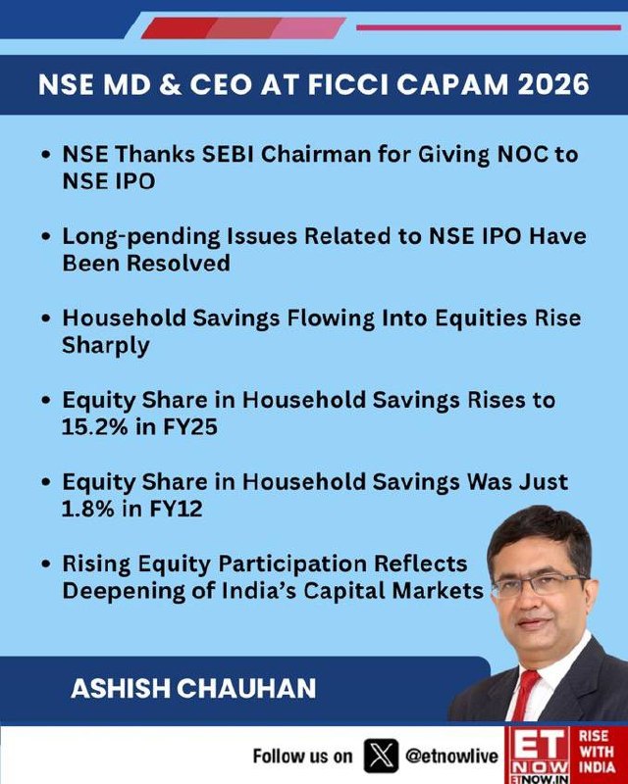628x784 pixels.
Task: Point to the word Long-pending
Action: tap(141, 237)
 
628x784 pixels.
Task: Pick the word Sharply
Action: tap(106, 346)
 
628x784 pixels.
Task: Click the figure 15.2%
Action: tap(94, 427)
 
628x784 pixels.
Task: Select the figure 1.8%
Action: tap(87, 509)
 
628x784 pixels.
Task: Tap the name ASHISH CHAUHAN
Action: tap(193, 688)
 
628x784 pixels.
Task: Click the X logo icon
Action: tap(381, 756)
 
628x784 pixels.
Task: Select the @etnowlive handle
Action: tap(451, 756)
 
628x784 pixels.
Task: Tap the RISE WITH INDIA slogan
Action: tap(597, 752)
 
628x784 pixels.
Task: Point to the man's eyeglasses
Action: tap(541, 584)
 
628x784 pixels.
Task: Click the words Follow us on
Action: tap(302, 756)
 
